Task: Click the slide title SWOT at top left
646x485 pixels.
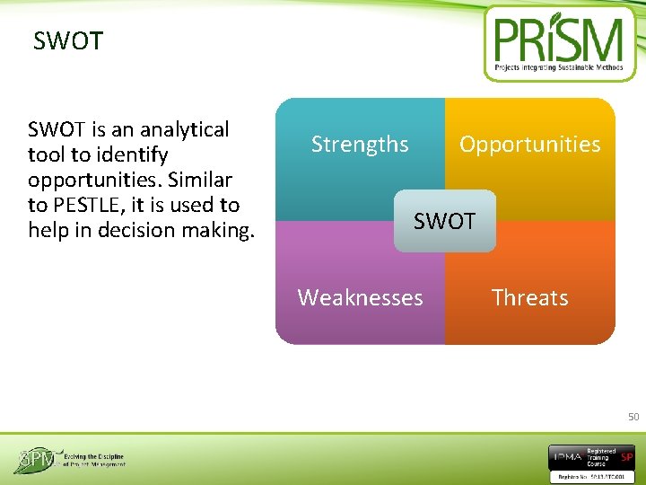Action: click(68, 41)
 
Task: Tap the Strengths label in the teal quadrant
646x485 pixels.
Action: click(360, 145)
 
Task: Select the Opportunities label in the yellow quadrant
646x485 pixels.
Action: click(529, 145)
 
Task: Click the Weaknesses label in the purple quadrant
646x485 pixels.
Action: click(360, 297)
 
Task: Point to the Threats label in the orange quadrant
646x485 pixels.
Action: click(529, 297)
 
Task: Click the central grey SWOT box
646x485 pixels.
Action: click(444, 221)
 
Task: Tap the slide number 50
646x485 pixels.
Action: click(633, 417)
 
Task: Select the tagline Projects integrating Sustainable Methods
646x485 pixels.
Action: click(558, 68)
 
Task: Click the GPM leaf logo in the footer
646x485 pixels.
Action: click(33, 460)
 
